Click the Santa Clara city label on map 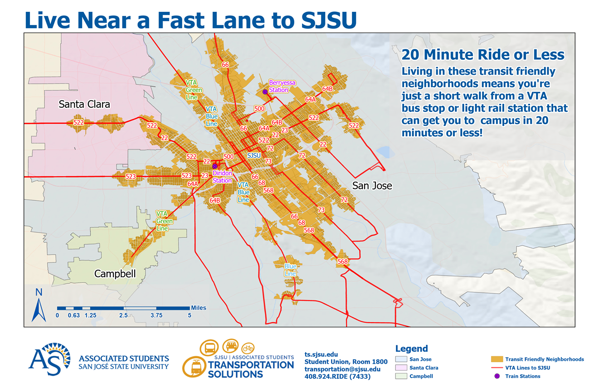pos(84,105)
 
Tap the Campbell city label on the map pos(115,274)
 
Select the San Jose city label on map pos(372,186)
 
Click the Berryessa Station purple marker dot pos(265,92)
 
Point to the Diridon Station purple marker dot pos(215,166)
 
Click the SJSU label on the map pos(254,155)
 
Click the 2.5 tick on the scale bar pos(123,315)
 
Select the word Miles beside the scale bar pos(199,308)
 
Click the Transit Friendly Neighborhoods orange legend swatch pos(497,359)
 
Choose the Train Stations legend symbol pos(497,376)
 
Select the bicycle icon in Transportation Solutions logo pos(248,348)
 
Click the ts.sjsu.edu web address pos(321,354)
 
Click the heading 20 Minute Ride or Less pos(483,55)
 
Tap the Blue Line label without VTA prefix pos(290,270)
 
